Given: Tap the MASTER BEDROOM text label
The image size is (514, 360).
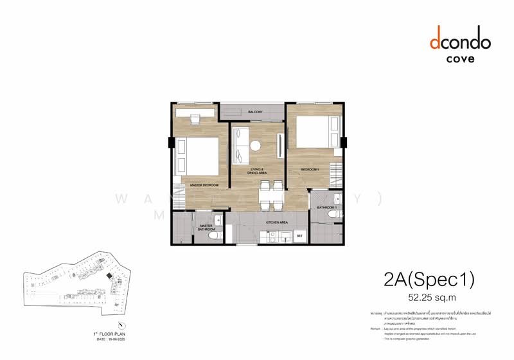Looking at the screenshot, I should tap(204, 185).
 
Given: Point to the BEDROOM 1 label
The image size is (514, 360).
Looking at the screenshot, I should tap(310, 169).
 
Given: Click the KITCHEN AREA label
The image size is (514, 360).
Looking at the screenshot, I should tap(276, 222).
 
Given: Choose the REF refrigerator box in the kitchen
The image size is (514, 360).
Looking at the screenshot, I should tap(299, 237).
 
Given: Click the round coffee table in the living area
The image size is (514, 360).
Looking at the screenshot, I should tap(256, 145).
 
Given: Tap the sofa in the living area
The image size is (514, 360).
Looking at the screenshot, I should tap(240, 147).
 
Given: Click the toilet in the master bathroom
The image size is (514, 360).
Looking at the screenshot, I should tap(216, 237).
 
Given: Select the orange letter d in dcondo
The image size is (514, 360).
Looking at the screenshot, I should tap(435, 42).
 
